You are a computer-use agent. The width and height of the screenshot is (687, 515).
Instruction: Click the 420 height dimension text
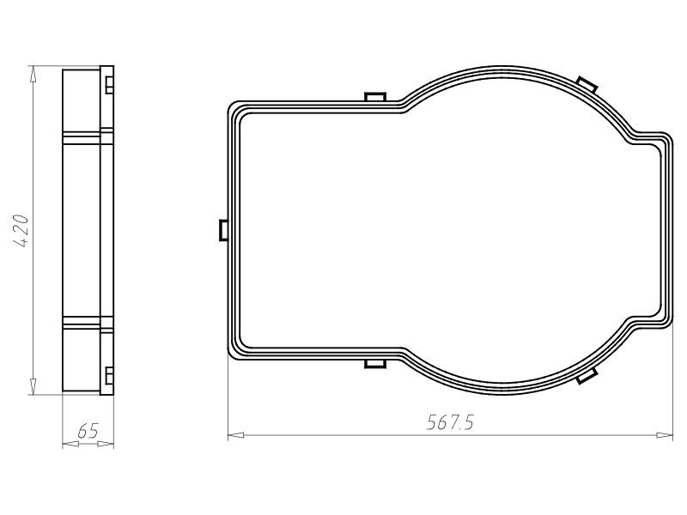pos(21,231)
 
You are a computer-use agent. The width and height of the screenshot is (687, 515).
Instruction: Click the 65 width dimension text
pos(88,432)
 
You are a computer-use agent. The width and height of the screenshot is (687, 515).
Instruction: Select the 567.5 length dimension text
pos(450,422)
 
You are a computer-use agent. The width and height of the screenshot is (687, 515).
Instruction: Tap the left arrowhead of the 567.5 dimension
pos(235,435)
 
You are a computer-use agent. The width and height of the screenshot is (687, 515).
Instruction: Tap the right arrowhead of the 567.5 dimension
pos(665,435)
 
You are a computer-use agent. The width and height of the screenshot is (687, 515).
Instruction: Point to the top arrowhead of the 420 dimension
pos(33,74)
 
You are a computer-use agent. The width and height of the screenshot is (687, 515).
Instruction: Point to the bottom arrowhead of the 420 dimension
pos(33,387)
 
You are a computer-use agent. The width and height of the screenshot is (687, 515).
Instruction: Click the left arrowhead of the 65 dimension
pos(70,444)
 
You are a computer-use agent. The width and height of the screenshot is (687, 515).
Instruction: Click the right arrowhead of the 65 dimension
pos(106,444)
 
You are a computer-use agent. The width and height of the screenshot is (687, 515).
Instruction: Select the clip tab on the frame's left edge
pos(223,230)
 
